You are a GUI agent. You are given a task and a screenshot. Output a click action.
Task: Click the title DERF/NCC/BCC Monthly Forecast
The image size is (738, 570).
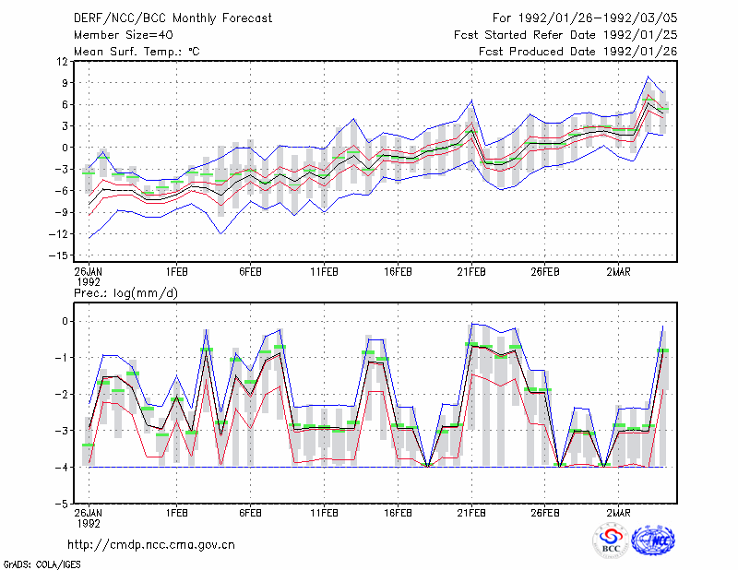pyautogui.click(x=173, y=18)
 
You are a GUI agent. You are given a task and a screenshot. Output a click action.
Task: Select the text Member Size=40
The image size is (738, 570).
pyautogui.click(x=124, y=35)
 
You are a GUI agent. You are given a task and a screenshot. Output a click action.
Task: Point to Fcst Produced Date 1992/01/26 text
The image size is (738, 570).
pyautogui.click(x=578, y=52)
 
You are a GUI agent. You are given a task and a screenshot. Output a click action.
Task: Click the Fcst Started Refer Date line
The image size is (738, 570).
pyautogui.click(x=565, y=35)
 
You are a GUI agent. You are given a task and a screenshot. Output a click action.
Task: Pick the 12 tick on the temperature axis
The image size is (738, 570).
pyautogui.click(x=62, y=61)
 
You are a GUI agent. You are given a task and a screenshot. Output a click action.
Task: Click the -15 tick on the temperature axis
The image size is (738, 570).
pyautogui.click(x=59, y=255)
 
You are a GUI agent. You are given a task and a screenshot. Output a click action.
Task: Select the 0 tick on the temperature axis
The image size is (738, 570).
pyautogui.click(x=65, y=148)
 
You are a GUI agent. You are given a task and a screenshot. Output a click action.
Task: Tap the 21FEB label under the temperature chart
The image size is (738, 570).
pyautogui.click(x=471, y=272)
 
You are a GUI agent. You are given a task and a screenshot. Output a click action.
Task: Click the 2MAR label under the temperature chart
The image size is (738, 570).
pyautogui.click(x=618, y=272)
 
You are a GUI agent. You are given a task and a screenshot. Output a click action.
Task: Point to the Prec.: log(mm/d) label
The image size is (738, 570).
pyautogui.click(x=125, y=293)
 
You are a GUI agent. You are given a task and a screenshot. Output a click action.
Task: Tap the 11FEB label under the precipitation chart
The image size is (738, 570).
pyautogui.click(x=324, y=513)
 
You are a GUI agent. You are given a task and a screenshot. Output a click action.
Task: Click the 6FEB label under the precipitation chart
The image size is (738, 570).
pyautogui.click(x=250, y=513)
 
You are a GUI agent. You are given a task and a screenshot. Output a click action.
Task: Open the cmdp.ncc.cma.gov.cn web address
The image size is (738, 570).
pyautogui.click(x=151, y=545)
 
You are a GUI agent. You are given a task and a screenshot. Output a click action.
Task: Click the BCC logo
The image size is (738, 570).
pyautogui.click(x=611, y=541)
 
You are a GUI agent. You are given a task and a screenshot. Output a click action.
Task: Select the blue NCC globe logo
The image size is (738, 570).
pyautogui.click(x=653, y=540)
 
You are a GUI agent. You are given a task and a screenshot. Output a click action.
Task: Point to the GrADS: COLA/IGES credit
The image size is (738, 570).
pyautogui.click(x=42, y=564)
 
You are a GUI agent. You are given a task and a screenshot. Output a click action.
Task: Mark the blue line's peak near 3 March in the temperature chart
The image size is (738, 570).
pyautogui.click(x=649, y=77)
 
